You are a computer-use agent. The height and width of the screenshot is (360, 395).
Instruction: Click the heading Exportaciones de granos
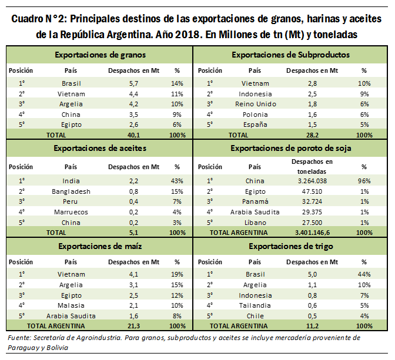click(99, 55)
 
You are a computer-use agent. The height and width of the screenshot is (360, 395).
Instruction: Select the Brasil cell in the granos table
click(71, 83)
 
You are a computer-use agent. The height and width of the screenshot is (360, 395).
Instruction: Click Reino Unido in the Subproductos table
click(255, 104)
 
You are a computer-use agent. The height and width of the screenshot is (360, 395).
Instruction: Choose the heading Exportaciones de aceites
click(99, 148)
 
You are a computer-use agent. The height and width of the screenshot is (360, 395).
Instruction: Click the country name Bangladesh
click(71, 191)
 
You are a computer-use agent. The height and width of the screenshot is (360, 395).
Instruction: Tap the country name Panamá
click(255, 202)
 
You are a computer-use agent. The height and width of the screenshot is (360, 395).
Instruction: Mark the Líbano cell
click(255, 223)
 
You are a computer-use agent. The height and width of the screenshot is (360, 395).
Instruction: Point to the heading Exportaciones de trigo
click(292, 246)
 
